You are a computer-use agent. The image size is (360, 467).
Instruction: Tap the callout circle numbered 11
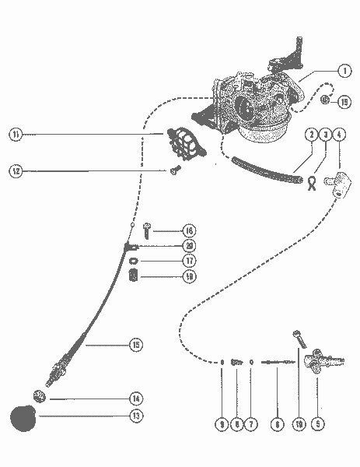click(x=16, y=134)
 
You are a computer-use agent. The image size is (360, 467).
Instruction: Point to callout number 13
click(x=136, y=416)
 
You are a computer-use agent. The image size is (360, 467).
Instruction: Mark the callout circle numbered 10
click(x=299, y=425)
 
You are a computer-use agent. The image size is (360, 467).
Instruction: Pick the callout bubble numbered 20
click(x=190, y=245)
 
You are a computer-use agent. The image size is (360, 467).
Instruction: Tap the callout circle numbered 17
click(x=190, y=261)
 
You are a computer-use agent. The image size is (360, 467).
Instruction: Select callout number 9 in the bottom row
click(x=222, y=425)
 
